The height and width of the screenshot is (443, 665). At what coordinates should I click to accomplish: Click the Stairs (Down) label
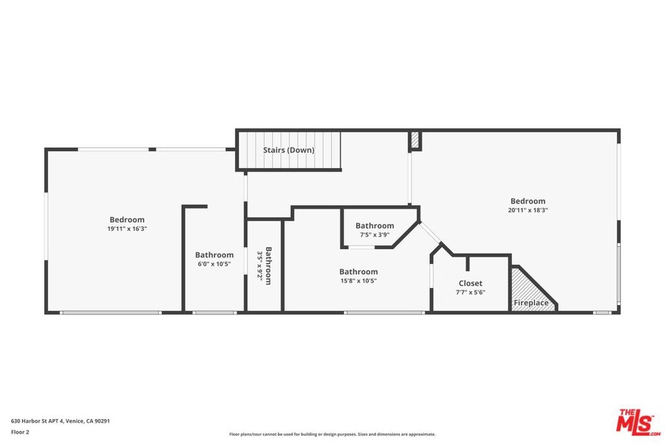288,150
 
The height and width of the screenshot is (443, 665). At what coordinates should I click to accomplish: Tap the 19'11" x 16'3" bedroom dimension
127,229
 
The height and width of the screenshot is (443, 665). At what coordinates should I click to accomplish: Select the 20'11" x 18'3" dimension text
528,210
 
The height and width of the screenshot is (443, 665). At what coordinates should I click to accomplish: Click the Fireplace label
531,303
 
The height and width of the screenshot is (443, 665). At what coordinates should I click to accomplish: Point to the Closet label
470,283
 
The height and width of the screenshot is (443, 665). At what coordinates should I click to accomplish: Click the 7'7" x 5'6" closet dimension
470,293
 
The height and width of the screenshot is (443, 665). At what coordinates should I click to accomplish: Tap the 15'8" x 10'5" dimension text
358,281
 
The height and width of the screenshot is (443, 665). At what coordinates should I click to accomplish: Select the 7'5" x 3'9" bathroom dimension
375,235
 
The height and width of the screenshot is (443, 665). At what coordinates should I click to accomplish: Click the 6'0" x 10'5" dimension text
214,264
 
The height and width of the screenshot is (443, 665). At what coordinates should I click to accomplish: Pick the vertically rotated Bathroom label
268,266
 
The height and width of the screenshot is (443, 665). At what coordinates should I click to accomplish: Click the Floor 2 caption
20,432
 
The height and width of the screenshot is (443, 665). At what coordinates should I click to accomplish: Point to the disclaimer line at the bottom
332,434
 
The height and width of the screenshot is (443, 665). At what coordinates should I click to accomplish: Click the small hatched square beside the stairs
415,141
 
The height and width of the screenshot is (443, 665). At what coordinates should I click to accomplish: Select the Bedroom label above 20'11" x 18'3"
528,201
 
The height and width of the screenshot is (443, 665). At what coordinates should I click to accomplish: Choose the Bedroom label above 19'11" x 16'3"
127,220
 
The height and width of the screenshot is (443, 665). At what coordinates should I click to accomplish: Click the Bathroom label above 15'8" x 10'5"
358,272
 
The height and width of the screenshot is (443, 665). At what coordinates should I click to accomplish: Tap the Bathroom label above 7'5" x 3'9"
375,226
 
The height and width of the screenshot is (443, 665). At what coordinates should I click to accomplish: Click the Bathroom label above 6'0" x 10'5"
214,255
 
